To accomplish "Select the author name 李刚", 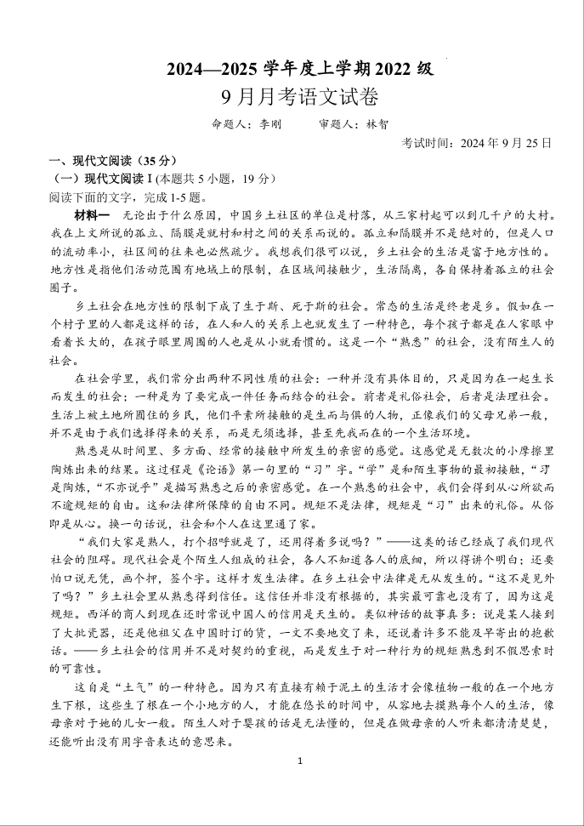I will tap(264, 124).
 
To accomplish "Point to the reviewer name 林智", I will tap(377, 124).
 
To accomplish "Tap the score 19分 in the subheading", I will tap(257, 179).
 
